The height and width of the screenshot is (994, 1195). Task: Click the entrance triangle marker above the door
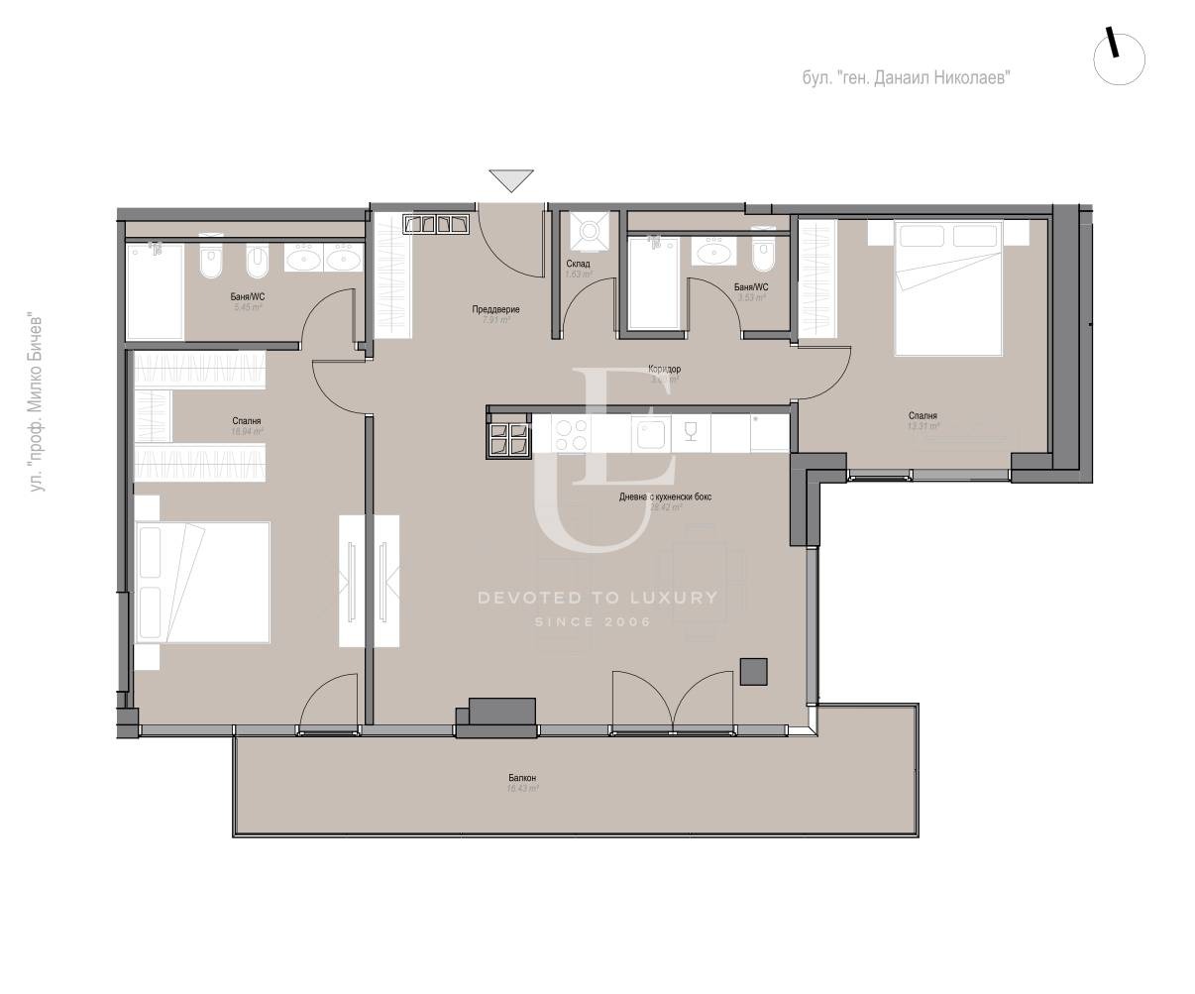510,180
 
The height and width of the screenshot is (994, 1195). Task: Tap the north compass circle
1119,58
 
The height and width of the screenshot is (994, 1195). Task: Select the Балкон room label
522,778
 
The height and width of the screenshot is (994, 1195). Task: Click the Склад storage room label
578,264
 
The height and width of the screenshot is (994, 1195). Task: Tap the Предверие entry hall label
495,309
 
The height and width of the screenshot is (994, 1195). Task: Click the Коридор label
665,369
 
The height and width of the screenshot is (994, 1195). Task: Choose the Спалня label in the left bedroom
247,421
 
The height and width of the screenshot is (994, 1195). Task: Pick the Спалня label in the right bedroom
922,416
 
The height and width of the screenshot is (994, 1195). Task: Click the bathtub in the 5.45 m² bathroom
155,291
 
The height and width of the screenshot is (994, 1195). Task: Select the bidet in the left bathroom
257,262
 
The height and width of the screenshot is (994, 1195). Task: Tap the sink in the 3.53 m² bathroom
714,254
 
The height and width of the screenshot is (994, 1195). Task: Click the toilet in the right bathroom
761,254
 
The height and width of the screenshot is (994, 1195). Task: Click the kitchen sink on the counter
650,433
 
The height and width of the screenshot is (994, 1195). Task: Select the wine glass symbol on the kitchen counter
691,431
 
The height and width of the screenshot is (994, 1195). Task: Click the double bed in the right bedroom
957,287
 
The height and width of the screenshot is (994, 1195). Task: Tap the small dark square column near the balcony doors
754,672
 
